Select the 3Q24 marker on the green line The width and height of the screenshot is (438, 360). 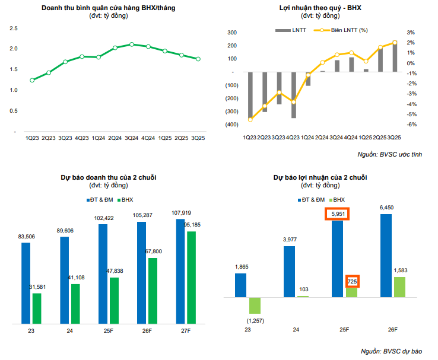pyautogui.click(x=132, y=44)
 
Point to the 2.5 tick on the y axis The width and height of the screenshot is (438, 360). pyautogui.click(x=14, y=28)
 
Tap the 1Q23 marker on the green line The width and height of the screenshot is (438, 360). pyautogui.click(x=32, y=80)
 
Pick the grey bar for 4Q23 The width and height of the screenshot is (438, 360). pyautogui.click(x=293, y=95)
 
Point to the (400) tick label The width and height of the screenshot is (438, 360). pyautogui.click(x=231, y=125)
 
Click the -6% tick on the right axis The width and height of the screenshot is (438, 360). pyautogui.click(x=411, y=125)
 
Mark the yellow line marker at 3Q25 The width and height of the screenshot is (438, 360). pyautogui.click(x=395, y=43)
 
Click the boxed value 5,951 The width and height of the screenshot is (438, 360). pyautogui.click(x=337, y=214)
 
